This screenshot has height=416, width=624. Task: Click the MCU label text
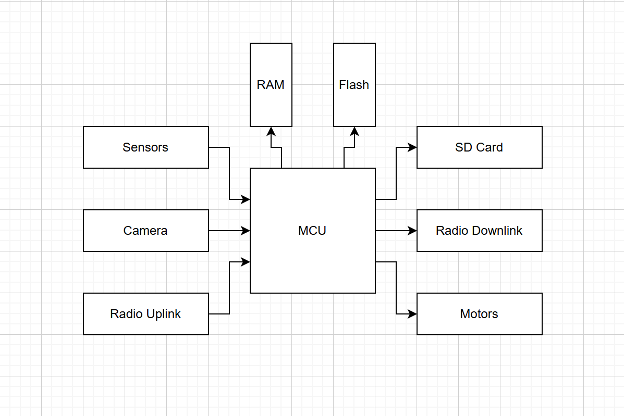312,231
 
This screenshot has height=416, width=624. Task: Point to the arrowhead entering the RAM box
271,131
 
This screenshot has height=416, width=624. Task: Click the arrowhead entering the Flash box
354,131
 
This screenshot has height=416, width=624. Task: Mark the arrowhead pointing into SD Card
412,147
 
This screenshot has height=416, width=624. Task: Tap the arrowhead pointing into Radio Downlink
412,231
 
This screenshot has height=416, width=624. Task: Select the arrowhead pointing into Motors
412,314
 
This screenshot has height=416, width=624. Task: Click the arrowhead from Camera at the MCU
246,231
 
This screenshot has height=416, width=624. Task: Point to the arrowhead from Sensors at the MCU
246,199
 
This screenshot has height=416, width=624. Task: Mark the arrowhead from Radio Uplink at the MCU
246,262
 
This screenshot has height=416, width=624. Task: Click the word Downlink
497,231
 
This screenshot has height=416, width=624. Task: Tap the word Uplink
163,314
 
